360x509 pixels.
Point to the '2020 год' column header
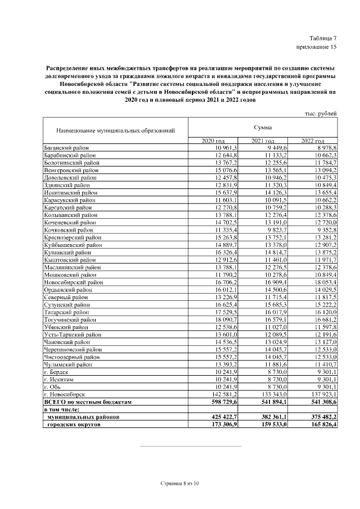(x=213, y=141)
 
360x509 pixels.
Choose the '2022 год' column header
(x=312, y=141)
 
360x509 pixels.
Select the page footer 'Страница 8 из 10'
(x=179, y=484)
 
